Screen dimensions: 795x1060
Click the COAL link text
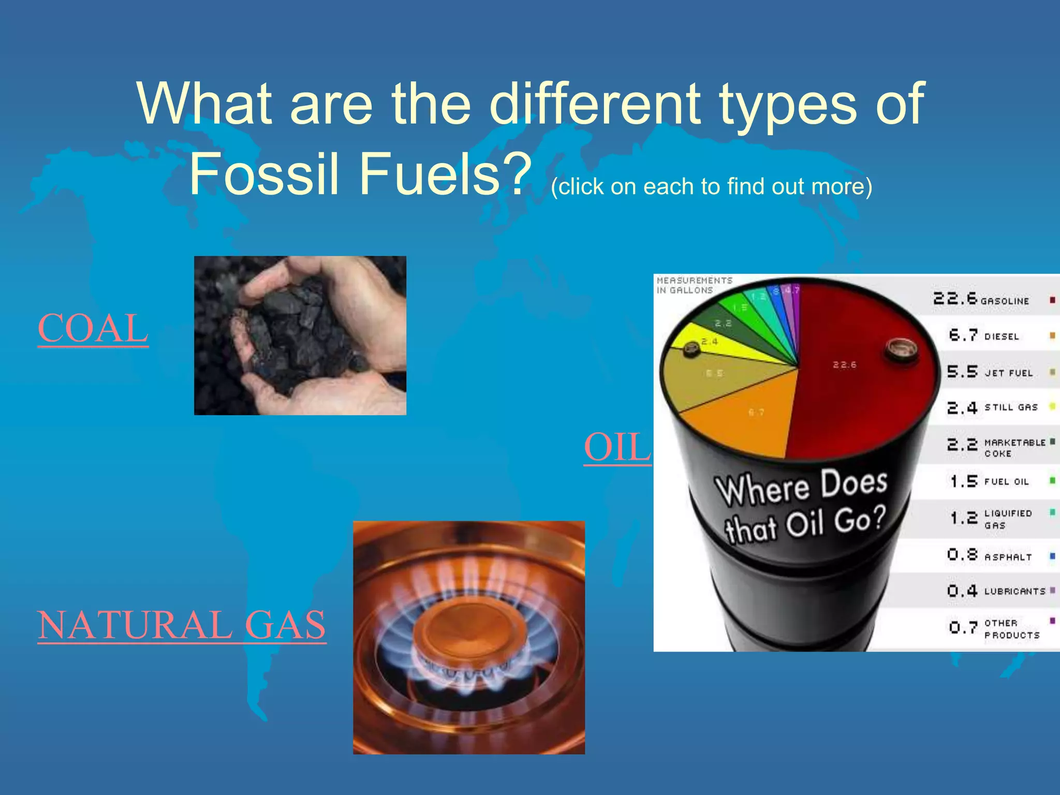[93, 329]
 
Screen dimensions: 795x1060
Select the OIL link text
[617, 447]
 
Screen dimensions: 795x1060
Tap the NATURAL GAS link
[182, 625]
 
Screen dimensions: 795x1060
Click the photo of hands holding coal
[300, 335]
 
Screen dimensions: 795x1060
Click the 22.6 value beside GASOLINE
[955, 299]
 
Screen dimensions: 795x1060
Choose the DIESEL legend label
[1002, 337]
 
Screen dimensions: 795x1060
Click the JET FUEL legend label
[1009, 373]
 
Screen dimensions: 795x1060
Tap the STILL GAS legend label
[1011, 407]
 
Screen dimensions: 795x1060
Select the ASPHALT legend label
[1008, 557]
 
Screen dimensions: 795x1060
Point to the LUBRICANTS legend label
[1014, 591]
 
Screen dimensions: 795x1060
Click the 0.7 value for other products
[963, 628]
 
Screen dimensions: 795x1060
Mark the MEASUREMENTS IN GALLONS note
[694, 285]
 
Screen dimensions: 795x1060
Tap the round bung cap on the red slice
[901, 350]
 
